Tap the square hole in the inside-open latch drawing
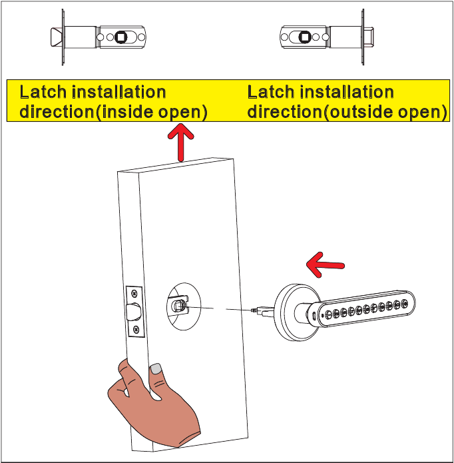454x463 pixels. point(122,37)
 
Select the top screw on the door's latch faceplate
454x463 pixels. point(135,293)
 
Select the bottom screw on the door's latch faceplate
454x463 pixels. point(136,329)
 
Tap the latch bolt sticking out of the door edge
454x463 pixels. point(133,310)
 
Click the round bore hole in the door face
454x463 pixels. point(180,306)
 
